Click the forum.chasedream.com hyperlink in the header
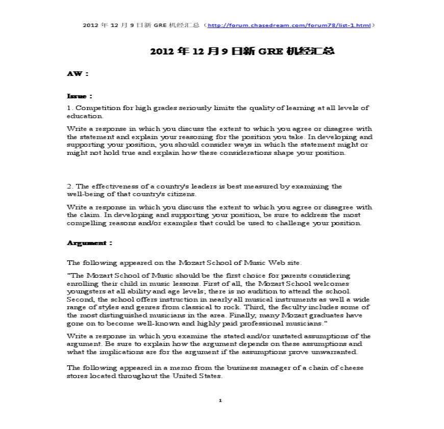290,25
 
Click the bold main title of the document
242,51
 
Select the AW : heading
78,74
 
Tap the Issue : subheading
80,96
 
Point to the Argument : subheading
89,243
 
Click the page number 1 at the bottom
220,400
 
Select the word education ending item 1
81,116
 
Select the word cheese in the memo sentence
352,368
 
